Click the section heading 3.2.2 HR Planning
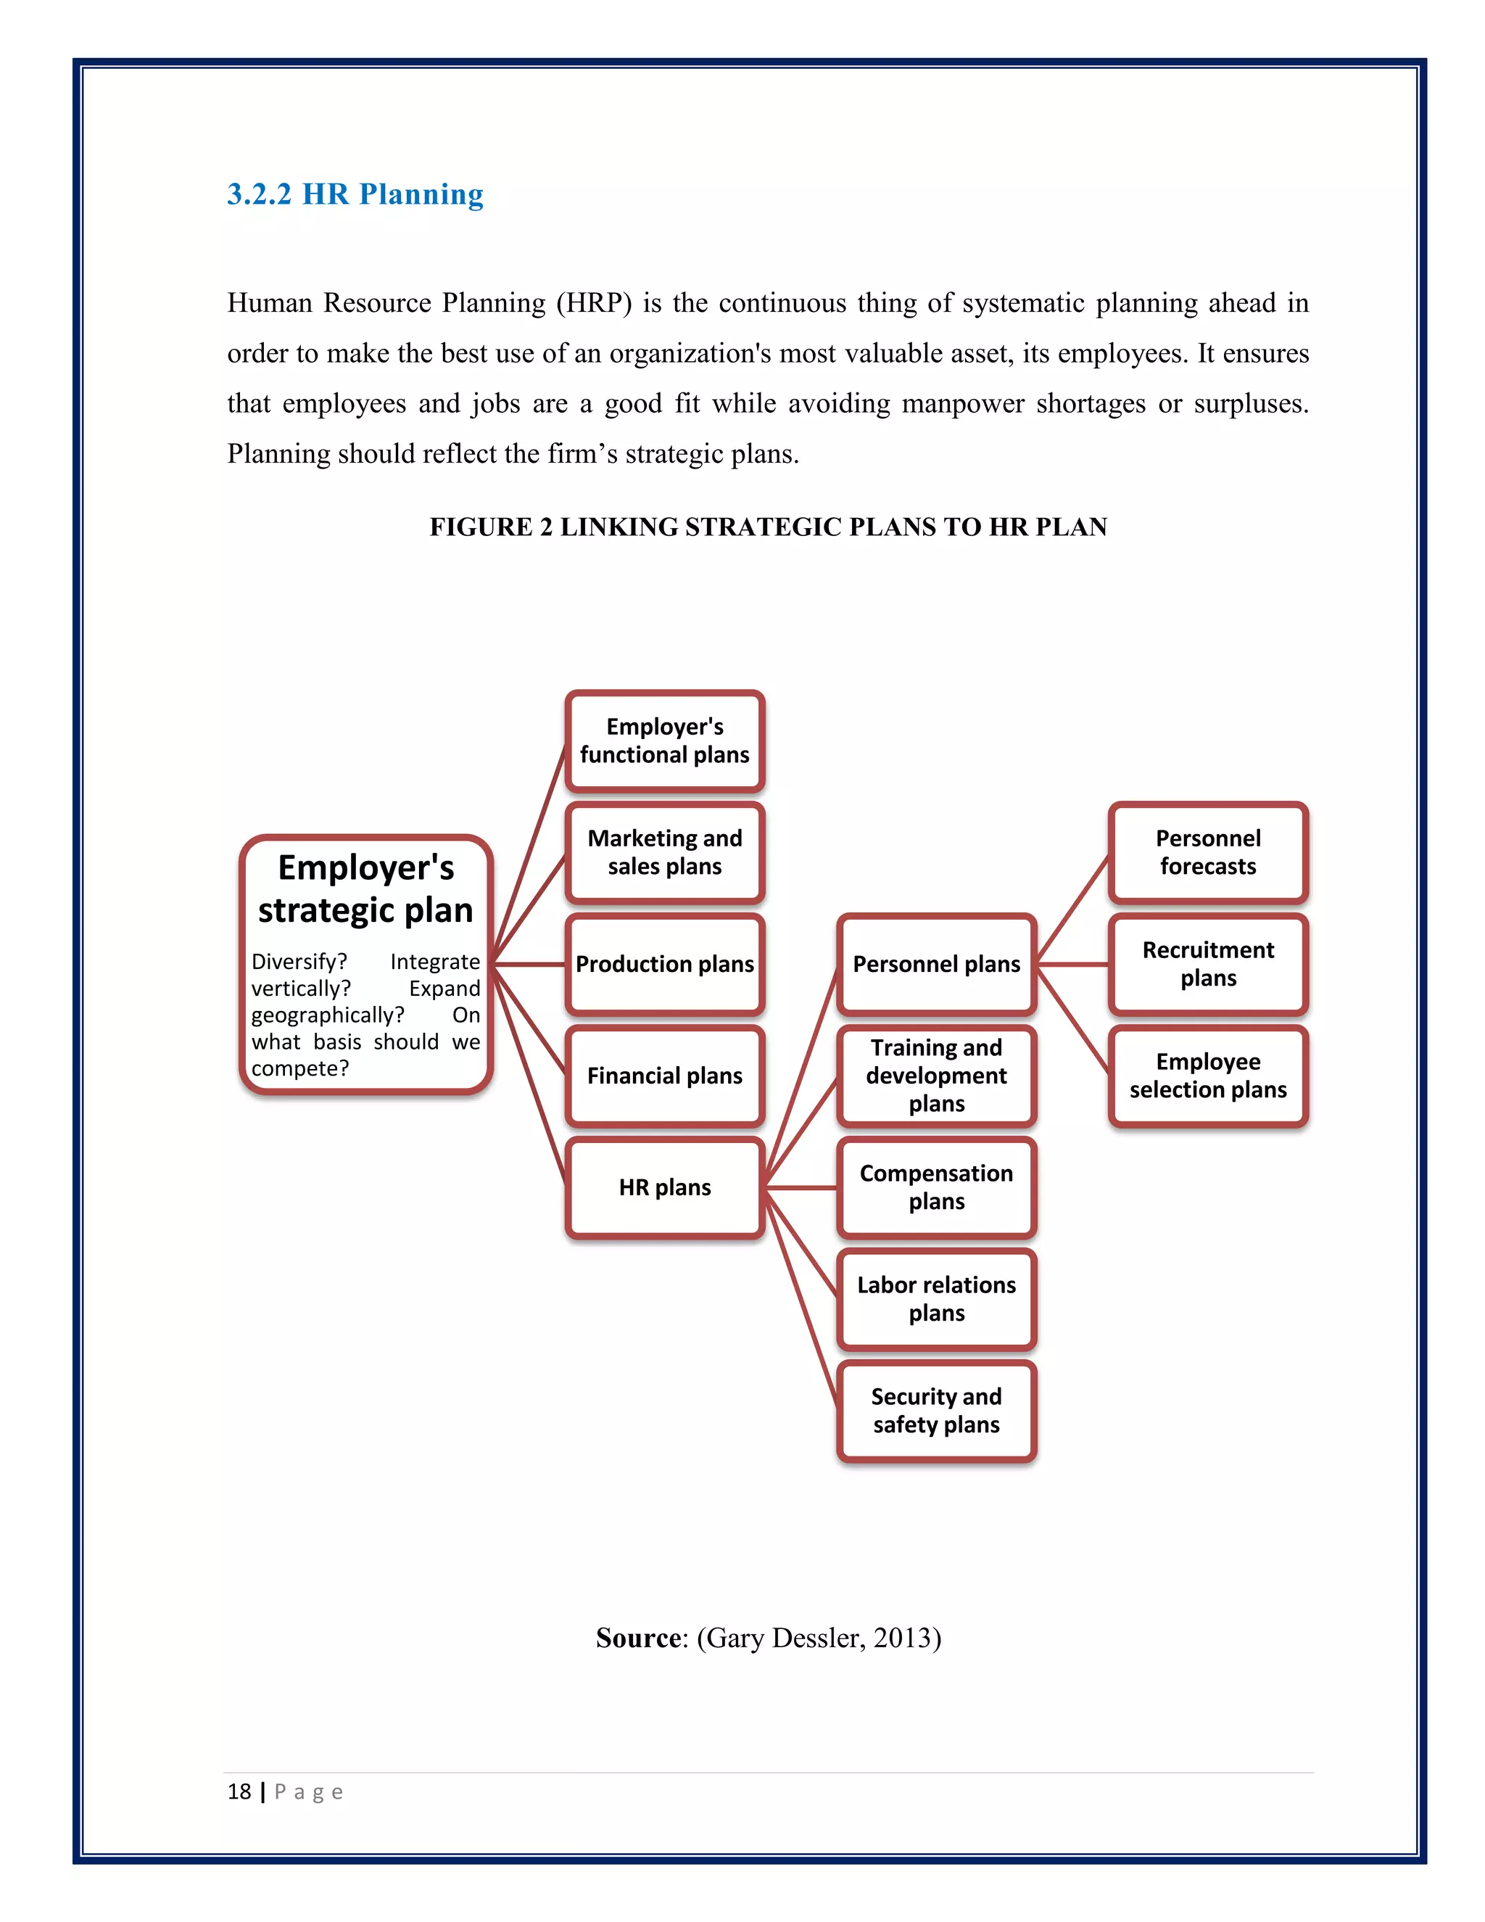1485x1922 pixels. (355, 194)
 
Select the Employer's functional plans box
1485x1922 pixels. (664, 741)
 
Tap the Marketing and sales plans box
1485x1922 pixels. (664, 853)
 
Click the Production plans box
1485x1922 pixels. (664, 965)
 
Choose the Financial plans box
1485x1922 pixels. (664, 1076)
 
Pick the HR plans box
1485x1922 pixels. (664, 1188)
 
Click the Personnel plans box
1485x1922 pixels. (936, 965)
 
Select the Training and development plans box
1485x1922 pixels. (936, 1076)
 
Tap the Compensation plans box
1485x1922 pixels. (936, 1188)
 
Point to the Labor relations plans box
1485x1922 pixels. (936, 1300)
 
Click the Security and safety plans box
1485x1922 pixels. (936, 1411)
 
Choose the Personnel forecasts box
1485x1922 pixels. (1208, 853)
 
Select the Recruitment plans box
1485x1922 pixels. (1208, 965)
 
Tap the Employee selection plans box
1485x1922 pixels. (1208, 1076)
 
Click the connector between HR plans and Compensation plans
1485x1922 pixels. (801, 1188)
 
